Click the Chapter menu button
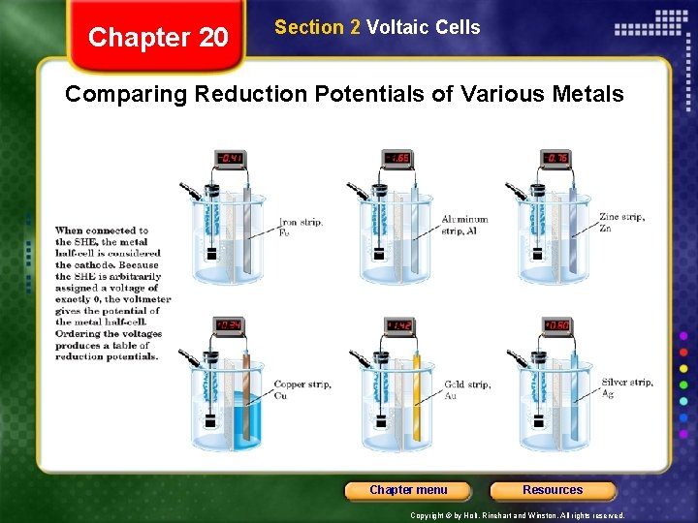coord(408,490)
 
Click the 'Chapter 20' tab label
coord(158,38)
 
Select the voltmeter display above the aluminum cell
coord(397,158)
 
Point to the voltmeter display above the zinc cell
coord(555,158)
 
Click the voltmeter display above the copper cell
coord(230,325)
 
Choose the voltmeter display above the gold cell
coord(399,325)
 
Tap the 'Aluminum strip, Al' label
coord(464,225)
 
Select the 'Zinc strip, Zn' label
coord(621,223)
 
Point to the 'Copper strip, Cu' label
coord(302,389)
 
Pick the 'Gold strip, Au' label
coord(467,389)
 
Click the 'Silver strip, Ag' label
coord(627,387)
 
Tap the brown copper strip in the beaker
coord(246,397)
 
